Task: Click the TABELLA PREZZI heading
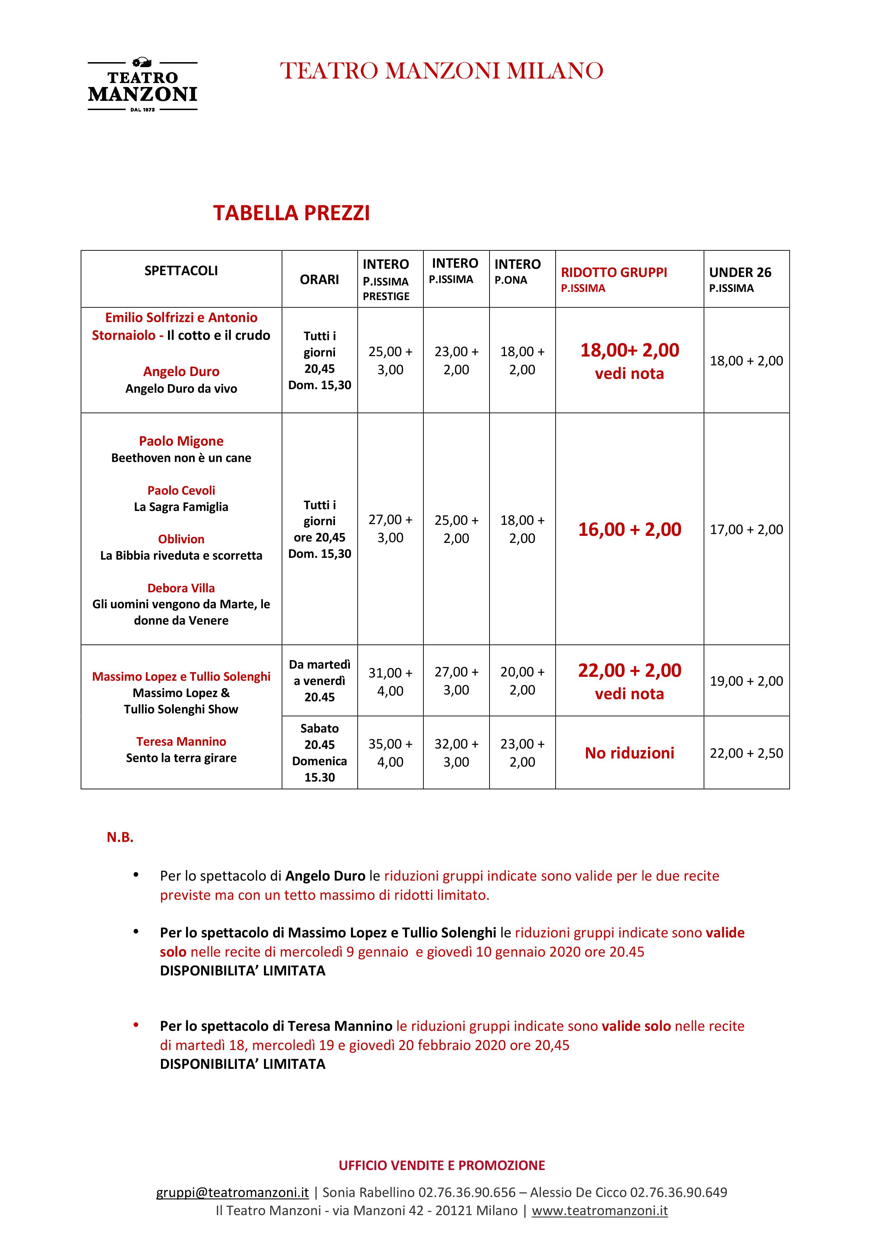click(292, 213)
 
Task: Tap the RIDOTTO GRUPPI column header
click(614, 273)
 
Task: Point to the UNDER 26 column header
click(740, 273)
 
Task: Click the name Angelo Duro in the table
click(181, 372)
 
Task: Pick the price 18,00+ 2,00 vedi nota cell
click(630, 360)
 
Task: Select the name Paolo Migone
click(181, 441)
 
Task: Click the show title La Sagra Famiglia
click(181, 507)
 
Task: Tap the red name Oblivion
click(181, 539)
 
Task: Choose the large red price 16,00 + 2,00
click(630, 529)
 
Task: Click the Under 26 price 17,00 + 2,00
click(746, 529)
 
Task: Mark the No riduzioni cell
click(630, 753)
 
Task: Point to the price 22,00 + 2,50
click(746, 753)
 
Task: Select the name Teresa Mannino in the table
click(181, 741)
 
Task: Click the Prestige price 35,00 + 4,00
click(390, 753)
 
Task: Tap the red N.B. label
click(120, 837)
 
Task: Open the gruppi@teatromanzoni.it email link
click(232, 1192)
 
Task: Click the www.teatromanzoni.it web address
click(599, 1211)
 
